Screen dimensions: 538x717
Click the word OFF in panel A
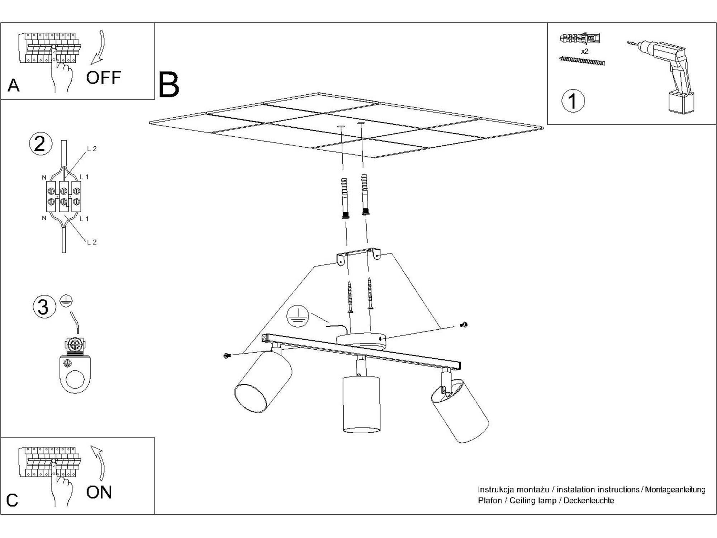click(x=104, y=77)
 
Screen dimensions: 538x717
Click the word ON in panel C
click(x=99, y=492)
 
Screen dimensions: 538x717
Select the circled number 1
click(x=573, y=101)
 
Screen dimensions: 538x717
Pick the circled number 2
click(x=40, y=144)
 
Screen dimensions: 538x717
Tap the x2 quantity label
click(x=584, y=52)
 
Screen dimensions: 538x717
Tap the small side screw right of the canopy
click(x=464, y=325)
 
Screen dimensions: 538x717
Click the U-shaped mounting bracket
click(x=358, y=255)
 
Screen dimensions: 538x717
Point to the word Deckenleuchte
click(x=589, y=500)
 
